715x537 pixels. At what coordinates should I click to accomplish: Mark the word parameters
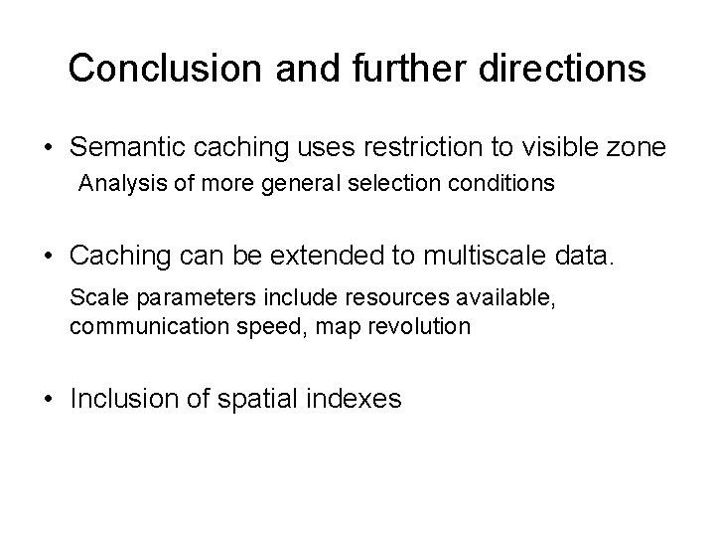tap(173, 297)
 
